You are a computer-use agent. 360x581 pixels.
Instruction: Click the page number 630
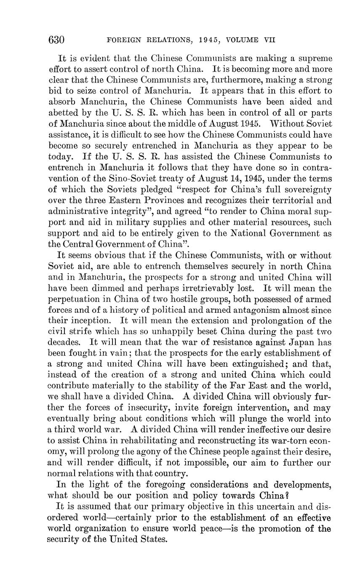(56, 40)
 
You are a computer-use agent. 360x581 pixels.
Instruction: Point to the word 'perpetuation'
(74, 299)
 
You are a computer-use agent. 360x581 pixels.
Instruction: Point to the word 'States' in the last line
(154, 539)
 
